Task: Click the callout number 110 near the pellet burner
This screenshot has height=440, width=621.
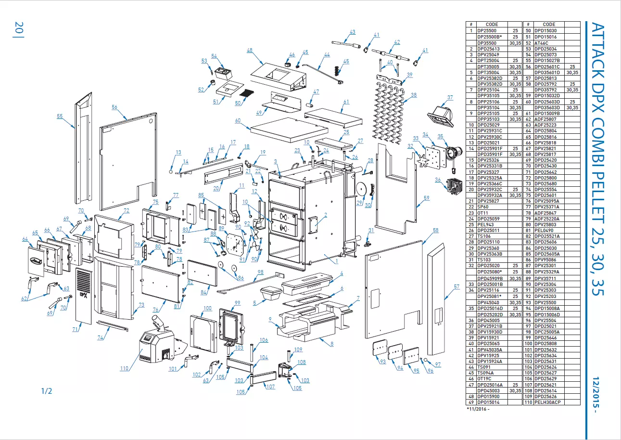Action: tap(125, 369)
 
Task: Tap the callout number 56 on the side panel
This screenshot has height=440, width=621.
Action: tap(114, 107)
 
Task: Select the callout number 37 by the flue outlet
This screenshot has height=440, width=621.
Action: tap(450, 98)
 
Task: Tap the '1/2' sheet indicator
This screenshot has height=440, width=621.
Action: tap(47, 391)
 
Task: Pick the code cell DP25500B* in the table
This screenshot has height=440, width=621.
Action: tap(490, 37)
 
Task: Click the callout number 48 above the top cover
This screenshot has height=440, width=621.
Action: tap(250, 51)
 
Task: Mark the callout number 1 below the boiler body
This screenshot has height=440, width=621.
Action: tap(337, 261)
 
